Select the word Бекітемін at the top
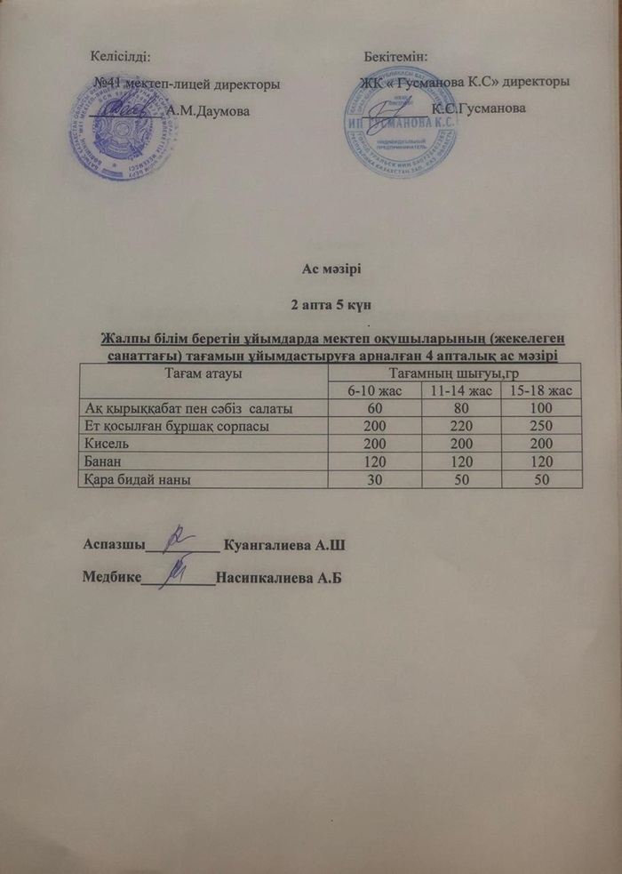(395, 57)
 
